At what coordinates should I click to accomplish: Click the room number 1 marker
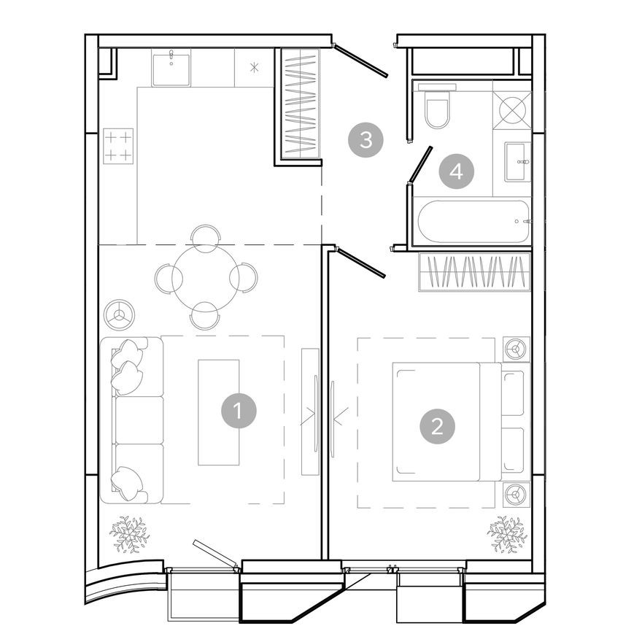tap(239, 411)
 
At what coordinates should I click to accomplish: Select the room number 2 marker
tap(437, 425)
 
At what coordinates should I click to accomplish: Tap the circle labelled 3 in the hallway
tap(366, 139)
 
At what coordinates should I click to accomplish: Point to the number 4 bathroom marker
tap(457, 172)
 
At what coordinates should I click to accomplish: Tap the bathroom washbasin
tap(517, 161)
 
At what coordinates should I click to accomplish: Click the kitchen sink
tap(171, 69)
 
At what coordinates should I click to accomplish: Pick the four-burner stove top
tap(118, 145)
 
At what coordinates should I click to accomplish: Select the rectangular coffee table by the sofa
tap(218, 412)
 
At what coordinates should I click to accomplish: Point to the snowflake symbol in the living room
tap(129, 534)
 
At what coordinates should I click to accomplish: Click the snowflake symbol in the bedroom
tap(507, 534)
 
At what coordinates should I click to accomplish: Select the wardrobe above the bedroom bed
tap(475, 271)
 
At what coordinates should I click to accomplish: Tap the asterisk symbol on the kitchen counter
tap(254, 69)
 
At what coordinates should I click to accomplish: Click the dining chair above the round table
tap(205, 237)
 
